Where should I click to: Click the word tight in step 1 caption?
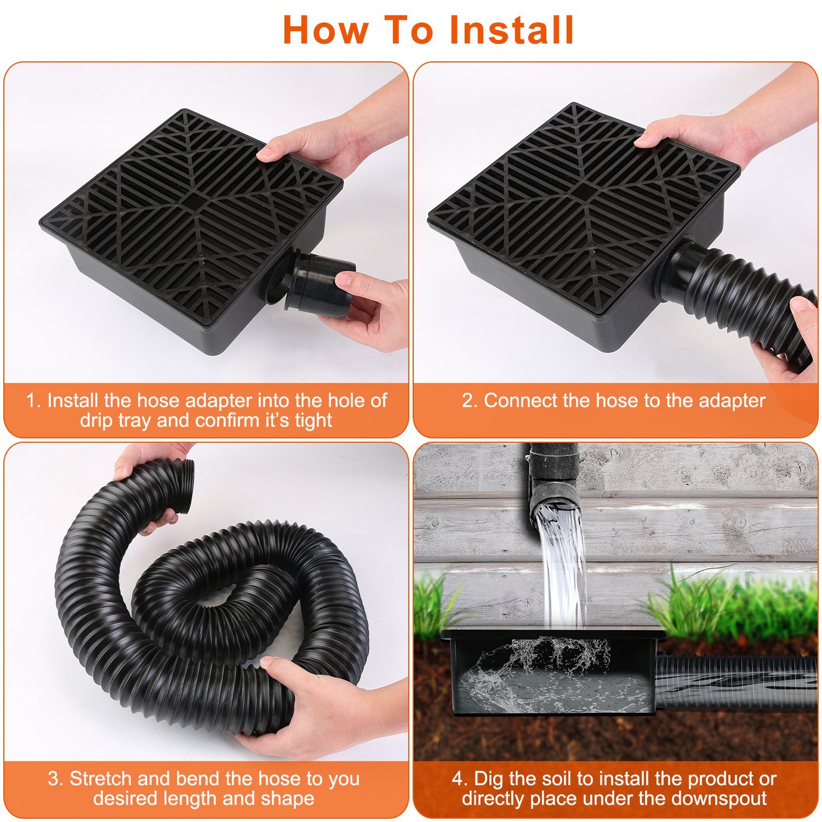point(311,420)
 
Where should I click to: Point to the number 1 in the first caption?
point(32,401)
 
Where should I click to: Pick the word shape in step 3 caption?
point(288,798)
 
